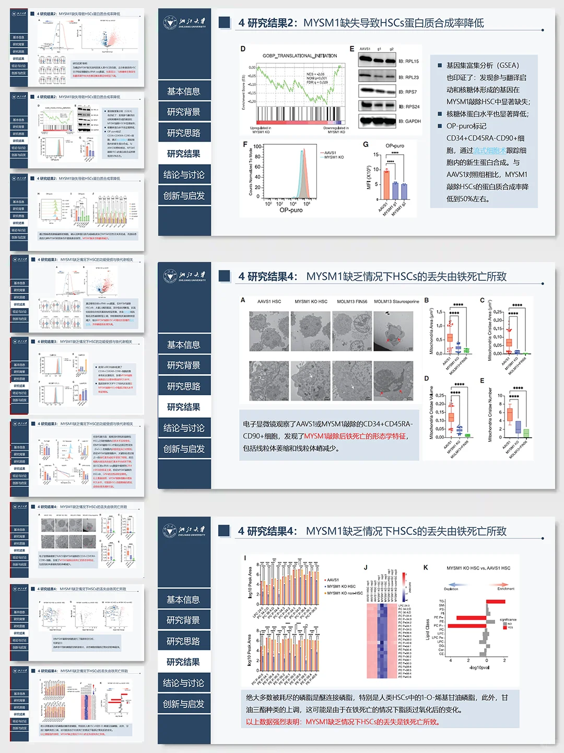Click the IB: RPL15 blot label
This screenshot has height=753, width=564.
(408, 61)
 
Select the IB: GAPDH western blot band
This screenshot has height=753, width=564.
(377, 120)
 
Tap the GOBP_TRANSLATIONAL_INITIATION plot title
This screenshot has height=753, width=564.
(299, 55)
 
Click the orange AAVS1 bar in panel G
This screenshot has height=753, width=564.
(386, 185)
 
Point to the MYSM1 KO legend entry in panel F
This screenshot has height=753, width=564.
(334, 157)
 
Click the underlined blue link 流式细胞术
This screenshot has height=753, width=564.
(489, 150)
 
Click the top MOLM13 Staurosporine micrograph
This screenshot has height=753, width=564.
(396, 331)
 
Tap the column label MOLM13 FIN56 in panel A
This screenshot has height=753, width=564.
(352, 302)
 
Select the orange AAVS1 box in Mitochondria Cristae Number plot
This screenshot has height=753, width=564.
(509, 414)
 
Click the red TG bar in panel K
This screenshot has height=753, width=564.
(496, 601)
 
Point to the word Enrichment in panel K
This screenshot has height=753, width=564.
(505, 589)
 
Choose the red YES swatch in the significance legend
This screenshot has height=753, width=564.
(505, 627)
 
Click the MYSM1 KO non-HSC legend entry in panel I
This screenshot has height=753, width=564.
(344, 593)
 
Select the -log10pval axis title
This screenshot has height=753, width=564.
(479, 668)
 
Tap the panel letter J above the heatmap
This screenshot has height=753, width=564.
(366, 567)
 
